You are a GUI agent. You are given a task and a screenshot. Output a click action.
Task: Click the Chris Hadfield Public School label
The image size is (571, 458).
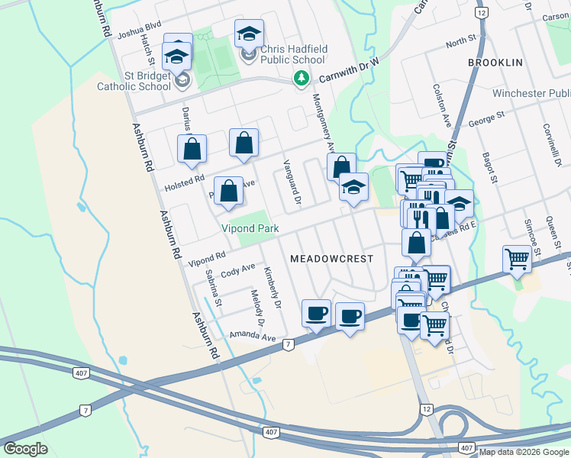pos(294,54)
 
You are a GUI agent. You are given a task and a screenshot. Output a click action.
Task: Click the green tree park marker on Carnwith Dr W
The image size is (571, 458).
pos(302,78)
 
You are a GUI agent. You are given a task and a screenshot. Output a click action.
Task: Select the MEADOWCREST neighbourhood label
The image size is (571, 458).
pos(332,259)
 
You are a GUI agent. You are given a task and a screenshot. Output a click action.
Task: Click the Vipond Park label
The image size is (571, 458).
pos(250,228)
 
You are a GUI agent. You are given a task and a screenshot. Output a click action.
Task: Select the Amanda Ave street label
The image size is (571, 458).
pos(252,337)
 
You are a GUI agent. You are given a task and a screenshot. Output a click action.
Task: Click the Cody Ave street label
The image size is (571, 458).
pos(237,269)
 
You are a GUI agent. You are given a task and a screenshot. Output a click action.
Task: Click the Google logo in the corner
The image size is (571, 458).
pos(25,449)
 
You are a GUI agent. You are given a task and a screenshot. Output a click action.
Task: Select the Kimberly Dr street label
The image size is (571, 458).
pos(272,288)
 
